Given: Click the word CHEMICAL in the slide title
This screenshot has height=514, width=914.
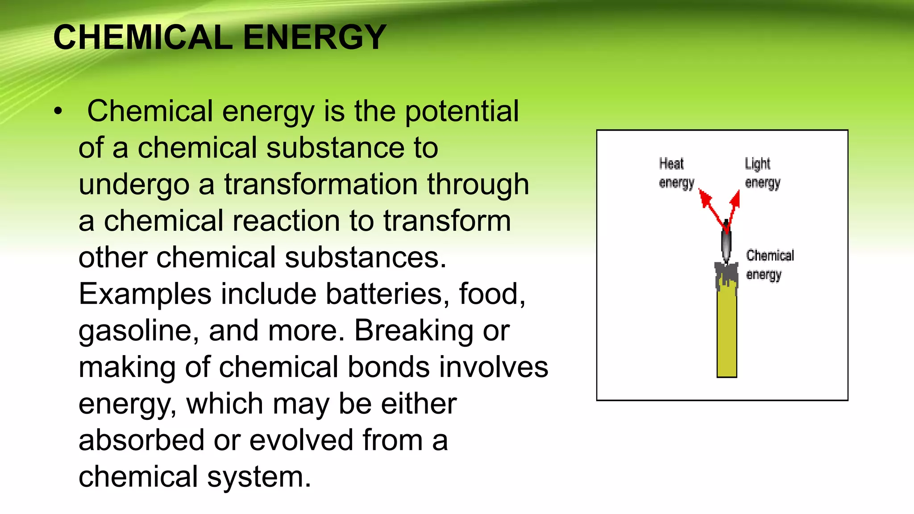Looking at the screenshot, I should click(x=143, y=37).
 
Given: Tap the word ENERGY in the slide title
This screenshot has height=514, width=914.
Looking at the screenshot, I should click(x=315, y=37).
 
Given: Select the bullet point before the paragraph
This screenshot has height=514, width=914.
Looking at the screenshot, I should click(x=58, y=112).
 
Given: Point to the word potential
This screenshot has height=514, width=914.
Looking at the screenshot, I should click(x=461, y=111).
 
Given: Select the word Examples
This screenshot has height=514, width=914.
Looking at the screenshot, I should click(x=145, y=294).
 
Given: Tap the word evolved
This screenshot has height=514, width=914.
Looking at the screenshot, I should click(x=302, y=440).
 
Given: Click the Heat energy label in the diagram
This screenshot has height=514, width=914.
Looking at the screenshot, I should click(x=676, y=173).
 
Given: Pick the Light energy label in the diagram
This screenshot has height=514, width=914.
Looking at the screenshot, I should click(x=762, y=173).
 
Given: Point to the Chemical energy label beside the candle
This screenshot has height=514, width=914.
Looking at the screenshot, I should click(x=769, y=265).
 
